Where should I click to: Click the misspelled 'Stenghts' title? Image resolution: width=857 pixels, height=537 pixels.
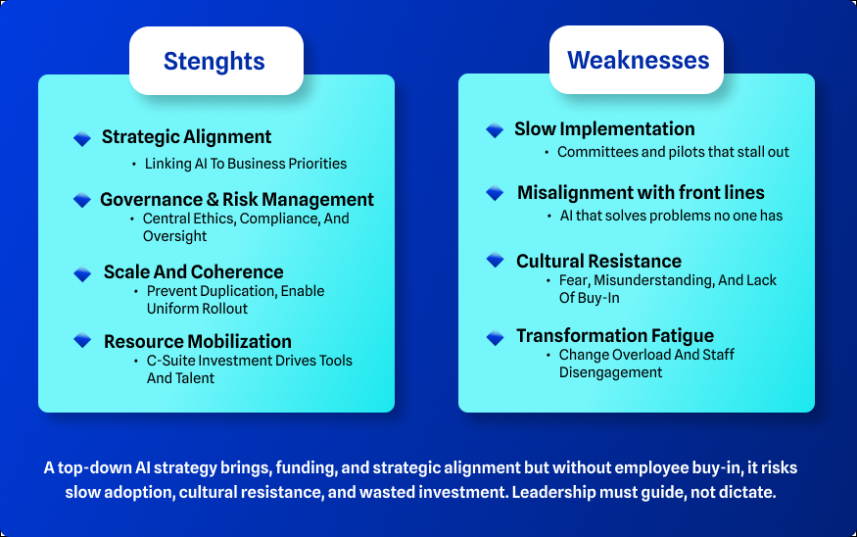pos(214,62)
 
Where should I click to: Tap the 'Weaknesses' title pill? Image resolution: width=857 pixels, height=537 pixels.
pos(637,60)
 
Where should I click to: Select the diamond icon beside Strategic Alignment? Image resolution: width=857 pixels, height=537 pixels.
pos(82,138)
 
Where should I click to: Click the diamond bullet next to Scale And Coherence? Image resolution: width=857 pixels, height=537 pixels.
pos(82,274)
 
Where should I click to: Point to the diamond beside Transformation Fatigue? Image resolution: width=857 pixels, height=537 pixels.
pos(496,338)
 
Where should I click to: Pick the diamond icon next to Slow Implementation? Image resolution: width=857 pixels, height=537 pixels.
pos(495,130)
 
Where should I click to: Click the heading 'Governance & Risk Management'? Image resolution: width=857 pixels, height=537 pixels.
pos(237,200)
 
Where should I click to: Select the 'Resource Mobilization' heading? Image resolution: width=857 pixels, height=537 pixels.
pos(197,341)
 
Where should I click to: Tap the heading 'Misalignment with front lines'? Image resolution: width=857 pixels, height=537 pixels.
pos(642,192)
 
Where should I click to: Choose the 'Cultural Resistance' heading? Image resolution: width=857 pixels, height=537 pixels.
pos(599,261)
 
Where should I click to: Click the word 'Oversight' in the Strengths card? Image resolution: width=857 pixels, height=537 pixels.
pos(175,236)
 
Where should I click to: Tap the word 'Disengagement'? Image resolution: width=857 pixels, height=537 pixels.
pos(610,372)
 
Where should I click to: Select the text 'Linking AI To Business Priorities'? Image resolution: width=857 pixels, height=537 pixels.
pos(246,164)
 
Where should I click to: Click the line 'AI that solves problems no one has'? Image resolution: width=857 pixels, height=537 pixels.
pos(671,216)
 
